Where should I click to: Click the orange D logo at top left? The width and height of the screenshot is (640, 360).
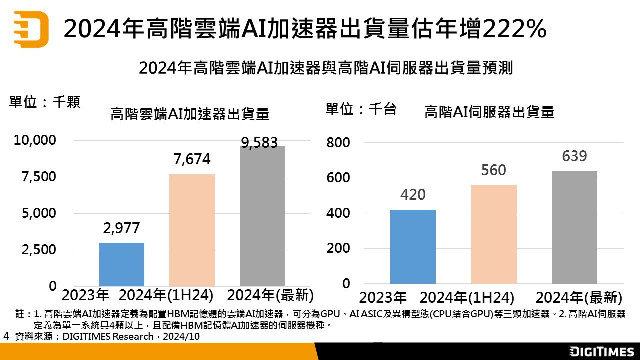click(31, 29)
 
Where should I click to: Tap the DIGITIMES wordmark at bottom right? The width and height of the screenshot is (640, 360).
click(602, 351)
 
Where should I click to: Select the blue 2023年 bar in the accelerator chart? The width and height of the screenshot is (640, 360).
click(122, 264)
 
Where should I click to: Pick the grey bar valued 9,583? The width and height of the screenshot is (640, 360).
click(262, 216)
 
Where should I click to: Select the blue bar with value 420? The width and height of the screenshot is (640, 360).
click(413, 246)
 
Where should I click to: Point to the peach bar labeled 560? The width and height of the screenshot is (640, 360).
click(494, 234)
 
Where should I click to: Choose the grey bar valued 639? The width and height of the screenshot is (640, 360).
click(574, 227)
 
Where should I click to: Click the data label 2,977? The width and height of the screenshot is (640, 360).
click(122, 228)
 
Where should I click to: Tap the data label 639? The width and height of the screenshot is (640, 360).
click(574, 156)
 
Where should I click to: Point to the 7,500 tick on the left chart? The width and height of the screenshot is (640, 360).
click(38, 177)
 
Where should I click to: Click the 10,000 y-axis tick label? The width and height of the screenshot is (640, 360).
click(35, 141)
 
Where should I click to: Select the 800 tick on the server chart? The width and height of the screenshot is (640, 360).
click(338, 143)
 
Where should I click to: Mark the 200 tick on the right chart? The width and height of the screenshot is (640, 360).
click(338, 249)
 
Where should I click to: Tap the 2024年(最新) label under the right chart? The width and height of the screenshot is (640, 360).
click(579, 298)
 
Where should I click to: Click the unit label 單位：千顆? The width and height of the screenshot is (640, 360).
click(45, 102)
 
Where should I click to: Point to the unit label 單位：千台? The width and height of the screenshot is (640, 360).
click(361, 109)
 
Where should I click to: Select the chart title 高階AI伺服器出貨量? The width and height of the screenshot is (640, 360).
click(489, 112)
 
